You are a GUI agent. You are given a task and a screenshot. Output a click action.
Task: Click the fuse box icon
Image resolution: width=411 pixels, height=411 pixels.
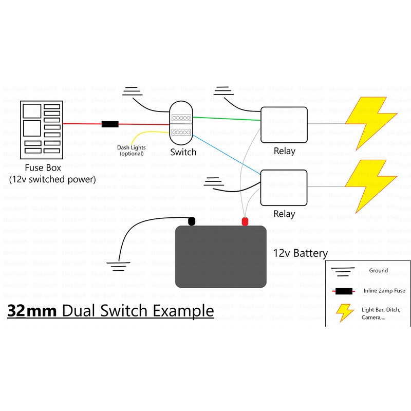tap(41, 130)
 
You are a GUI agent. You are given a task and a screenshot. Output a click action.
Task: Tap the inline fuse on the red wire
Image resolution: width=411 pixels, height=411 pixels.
tap(110, 124)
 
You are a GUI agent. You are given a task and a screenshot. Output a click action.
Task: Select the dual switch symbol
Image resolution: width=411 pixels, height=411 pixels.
tap(182, 125)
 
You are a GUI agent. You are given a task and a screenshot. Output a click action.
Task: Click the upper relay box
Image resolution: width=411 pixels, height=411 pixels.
tap(284, 125)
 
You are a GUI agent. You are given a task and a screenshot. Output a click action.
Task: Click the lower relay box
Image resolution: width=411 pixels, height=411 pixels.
tap(284, 188)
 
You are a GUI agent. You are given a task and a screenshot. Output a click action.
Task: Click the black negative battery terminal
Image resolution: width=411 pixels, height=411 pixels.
tap(191, 221)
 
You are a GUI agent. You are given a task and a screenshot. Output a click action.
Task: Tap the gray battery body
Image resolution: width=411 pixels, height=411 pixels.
tap(221, 257)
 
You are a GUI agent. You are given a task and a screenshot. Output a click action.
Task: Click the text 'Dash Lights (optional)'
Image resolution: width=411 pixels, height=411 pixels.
tap(132, 151)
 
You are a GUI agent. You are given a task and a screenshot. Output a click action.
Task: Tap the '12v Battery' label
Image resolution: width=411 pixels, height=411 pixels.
tap(300, 253)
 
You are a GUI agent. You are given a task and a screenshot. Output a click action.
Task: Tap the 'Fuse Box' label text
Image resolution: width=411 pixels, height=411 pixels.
tap(43, 168)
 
